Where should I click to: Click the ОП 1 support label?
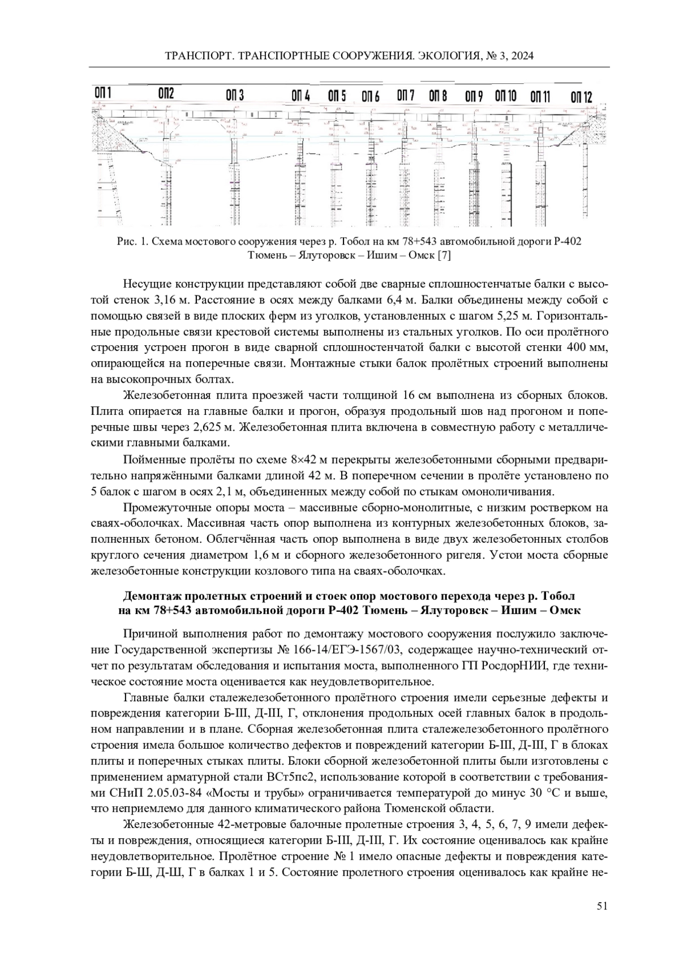pos(102,93)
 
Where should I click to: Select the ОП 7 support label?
pos(405,95)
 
